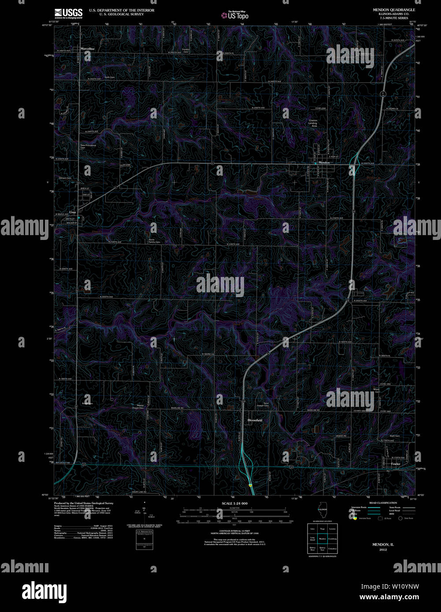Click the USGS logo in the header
(68, 12)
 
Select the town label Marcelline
(87, 48)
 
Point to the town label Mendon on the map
(324, 162)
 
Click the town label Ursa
(73, 211)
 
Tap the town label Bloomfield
(255, 420)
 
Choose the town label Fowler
(395, 464)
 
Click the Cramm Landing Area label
(312, 123)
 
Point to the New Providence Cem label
(88, 146)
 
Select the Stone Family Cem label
(154, 241)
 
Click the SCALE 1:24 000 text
(234, 503)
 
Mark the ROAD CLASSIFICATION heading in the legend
(383, 503)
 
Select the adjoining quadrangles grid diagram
(322, 538)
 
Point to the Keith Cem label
(109, 77)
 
